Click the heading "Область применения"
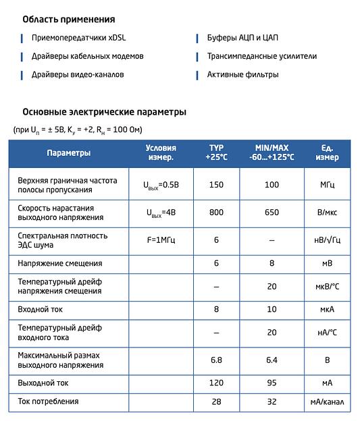(68, 20)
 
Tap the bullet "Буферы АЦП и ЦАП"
(242, 38)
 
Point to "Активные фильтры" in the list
(242, 74)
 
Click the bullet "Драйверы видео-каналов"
(78, 74)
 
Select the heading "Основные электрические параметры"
(104, 112)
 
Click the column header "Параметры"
(68, 153)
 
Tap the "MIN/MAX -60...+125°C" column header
(272, 152)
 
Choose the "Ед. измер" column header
(327, 152)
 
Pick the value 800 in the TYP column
(216, 213)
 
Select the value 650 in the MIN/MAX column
(272, 213)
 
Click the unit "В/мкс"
(327, 213)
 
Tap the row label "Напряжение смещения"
(60, 263)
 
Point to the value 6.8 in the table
(216, 360)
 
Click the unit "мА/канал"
(327, 401)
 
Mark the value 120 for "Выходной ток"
(216, 383)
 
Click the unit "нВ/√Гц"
(327, 240)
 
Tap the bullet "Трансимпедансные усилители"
(261, 56)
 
